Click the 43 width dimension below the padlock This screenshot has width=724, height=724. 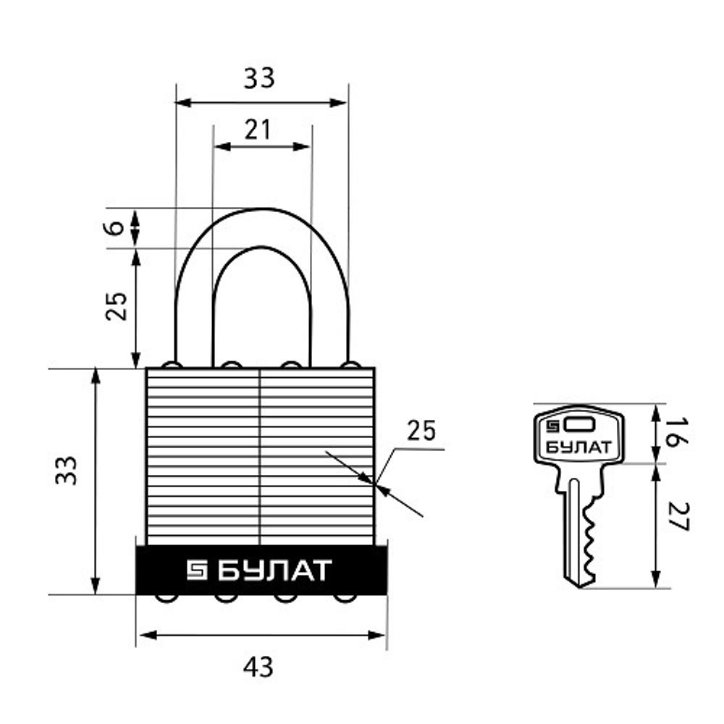(258, 666)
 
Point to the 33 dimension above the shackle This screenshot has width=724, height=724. (258, 77)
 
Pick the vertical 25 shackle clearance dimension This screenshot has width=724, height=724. (117, 306)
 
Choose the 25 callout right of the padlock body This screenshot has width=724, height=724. (421, 431)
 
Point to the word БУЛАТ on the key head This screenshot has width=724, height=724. (578, 446)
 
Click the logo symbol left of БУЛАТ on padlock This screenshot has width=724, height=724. (197, 571)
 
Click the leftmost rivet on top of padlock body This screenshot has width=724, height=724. (172, 364)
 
